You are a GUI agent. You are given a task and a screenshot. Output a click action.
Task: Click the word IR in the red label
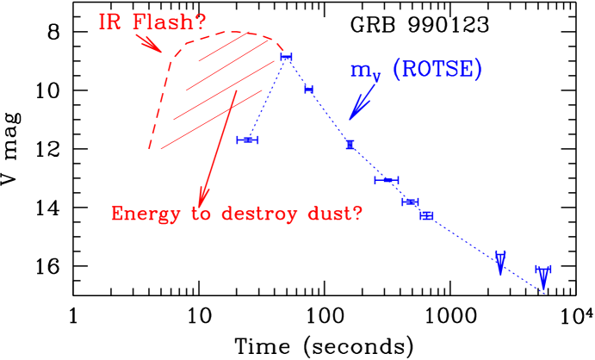coord(110,22)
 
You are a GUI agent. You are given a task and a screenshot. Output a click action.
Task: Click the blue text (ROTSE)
coord(437,70)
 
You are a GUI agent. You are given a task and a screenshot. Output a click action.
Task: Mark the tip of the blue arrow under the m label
coord(350,119)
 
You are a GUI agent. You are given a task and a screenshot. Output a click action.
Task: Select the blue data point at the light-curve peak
coord(286,57)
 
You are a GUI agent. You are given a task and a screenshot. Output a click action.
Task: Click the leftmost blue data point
coord(248,140)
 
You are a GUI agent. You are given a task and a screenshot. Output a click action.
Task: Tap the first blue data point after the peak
coord(308,90)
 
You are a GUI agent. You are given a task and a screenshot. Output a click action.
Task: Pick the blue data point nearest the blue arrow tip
coord(350,144)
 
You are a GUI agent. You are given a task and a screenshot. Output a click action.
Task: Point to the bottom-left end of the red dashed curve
coord(150,149)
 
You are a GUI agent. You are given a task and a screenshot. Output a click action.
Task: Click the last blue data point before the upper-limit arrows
coord(426,215)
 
